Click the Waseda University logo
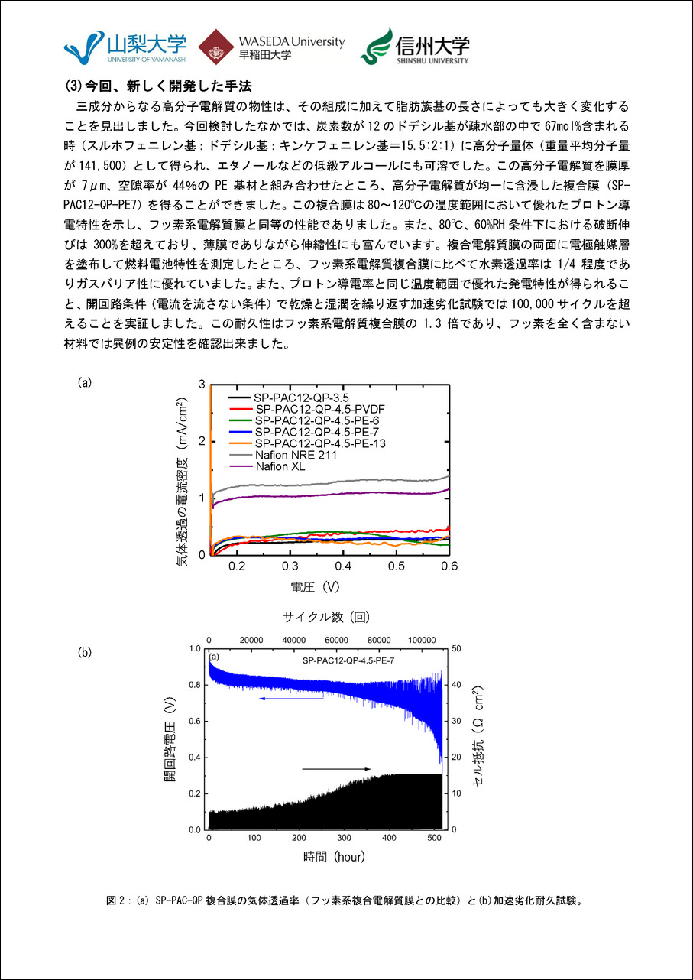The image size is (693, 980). [x=271, y=47]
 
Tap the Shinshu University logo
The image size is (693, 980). [x=415, y=47]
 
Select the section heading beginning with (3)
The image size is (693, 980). [x=157, y=84]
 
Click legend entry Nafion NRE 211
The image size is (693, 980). [x=295, y=455]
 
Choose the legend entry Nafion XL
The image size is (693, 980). [x=280, y=466]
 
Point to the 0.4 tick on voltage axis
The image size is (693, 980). [x=343, y=566]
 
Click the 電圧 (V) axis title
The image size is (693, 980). [x=315, y=587]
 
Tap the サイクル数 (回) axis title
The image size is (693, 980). [x=326, y=615]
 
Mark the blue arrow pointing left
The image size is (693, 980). [x=290, y=698]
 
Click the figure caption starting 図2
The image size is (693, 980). [x=345, y=900]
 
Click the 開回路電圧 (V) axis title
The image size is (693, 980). [x=169, y=738]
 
